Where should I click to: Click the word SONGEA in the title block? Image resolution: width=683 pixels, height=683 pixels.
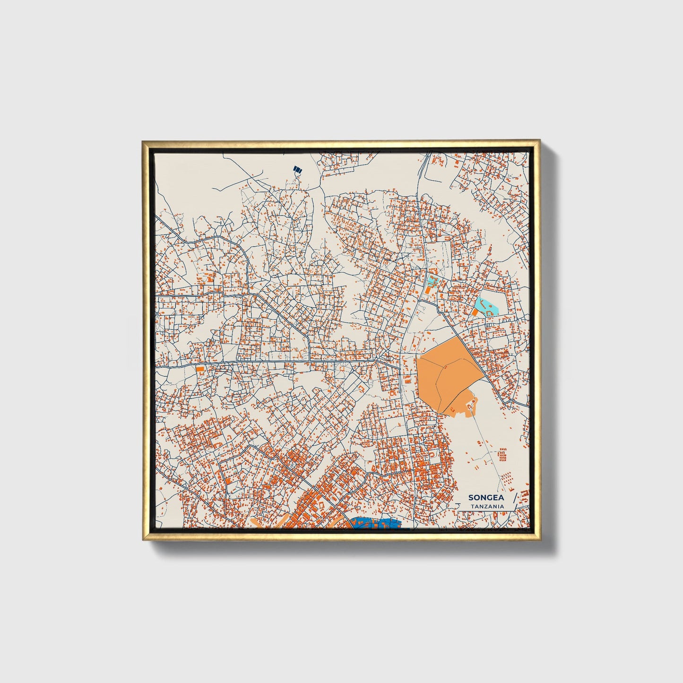pyautogui.click(x=486, y=498)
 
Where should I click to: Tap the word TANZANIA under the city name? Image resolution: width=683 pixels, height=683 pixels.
pyautogui.click(x=487, y=507)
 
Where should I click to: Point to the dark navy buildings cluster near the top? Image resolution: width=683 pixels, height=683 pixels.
pyautogui.click(x=297, y=169)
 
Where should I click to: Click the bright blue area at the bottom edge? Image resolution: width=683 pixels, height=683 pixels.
pyautogui.click(x=376, y=524)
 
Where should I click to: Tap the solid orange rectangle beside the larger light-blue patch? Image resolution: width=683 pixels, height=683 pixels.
pyautogui.click(x=475, y=312)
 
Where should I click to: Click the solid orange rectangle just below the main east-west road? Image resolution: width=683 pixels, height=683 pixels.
pyautogui.click(x=200, y=368)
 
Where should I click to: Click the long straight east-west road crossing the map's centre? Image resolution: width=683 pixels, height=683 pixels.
pyautogui.click(x=284, y=363)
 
